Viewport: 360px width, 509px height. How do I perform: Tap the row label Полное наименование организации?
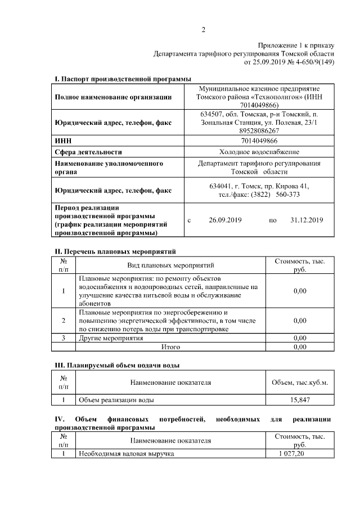113,97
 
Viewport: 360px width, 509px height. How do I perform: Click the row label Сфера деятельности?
88,152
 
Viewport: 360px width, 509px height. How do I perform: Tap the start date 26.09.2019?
225,220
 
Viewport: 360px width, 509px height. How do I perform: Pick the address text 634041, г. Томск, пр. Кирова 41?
259,186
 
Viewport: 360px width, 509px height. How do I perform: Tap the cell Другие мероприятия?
111,338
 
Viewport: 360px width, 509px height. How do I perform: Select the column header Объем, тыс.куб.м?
300,382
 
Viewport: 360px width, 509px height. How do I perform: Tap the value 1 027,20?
292,453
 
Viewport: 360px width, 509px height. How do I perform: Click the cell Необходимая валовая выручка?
127,453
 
